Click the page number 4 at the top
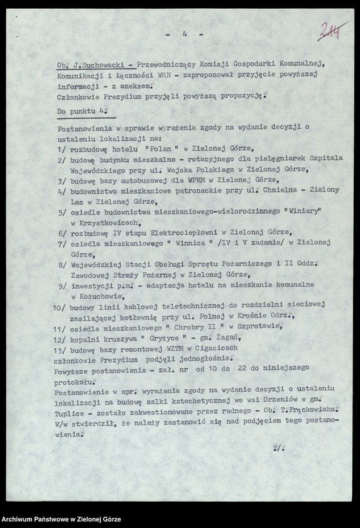coord(185,36)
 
